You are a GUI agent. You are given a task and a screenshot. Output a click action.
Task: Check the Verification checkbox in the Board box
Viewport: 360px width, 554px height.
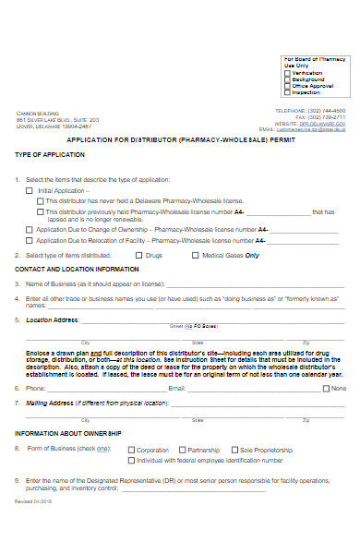287,73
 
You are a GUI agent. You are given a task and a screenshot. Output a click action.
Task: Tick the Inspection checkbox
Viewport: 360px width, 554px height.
287,92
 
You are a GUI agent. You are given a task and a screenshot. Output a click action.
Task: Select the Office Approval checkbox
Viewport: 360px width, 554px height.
287,86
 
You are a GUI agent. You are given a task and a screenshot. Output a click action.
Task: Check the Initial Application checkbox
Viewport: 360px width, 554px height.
29,189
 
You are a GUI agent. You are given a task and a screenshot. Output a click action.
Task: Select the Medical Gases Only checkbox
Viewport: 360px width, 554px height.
194,254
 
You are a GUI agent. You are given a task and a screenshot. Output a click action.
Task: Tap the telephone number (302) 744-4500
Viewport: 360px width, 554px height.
324,110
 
